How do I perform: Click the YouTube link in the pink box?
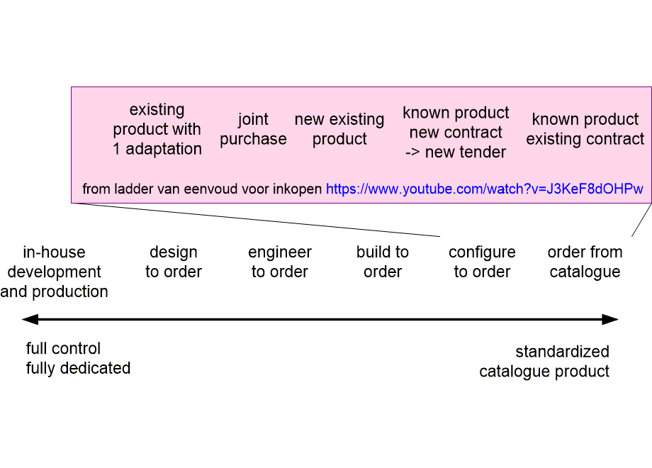tap(485, 189)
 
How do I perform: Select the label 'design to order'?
tap(174, 262)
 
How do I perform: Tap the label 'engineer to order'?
tap(280, 262)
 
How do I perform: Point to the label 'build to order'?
tap(383, 262)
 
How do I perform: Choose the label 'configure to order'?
tap(482, 262)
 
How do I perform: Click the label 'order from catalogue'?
tap(585, 262)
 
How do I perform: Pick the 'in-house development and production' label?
tap(54, 272)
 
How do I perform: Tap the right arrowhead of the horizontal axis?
tap(610, 320)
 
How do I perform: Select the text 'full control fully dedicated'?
tap(78, 358)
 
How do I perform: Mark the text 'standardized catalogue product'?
tap(544, 361)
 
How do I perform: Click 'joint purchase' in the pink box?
tap(253, 129)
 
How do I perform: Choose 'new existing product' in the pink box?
tap(339, 129)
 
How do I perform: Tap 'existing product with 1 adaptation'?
tap(157, 129)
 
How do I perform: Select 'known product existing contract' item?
tap(585, 129)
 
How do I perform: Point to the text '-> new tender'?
tap(456, 152)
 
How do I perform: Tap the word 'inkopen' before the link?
tap(300, 189)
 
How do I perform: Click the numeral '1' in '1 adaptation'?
tap(117, 149)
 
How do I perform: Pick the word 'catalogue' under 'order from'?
tap(585, 272)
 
